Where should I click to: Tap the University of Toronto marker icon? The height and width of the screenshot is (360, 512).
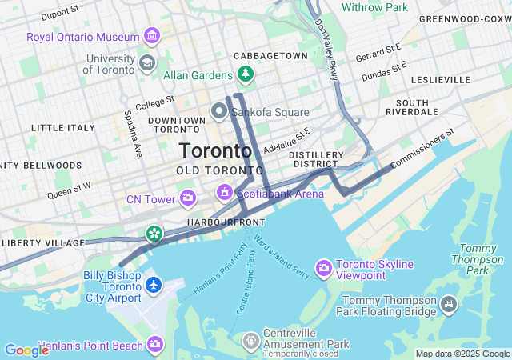tap(146, 62)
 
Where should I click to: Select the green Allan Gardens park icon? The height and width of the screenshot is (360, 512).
tap(245, 75)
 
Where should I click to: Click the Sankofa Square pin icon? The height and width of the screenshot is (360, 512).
tap(218, 111)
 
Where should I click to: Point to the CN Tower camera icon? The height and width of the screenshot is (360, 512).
tap(188, 198)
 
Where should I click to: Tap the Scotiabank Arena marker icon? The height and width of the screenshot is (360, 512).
tap(226, 193)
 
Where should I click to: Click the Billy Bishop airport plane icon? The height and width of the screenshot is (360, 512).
tap(153, 285)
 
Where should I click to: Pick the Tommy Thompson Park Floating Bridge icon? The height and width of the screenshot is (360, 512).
tap(449, 304)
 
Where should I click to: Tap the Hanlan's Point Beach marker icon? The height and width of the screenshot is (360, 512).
tap(154, 344)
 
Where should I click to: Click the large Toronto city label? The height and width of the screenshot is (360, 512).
tap(216, 150)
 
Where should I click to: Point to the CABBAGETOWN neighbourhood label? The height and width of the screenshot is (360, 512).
tap(270, 56)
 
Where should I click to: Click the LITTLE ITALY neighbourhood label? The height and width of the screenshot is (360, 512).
tap(62, 128)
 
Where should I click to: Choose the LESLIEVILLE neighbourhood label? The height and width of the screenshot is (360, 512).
tap(441, 80)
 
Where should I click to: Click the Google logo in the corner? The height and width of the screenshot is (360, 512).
tap(26, 350)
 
